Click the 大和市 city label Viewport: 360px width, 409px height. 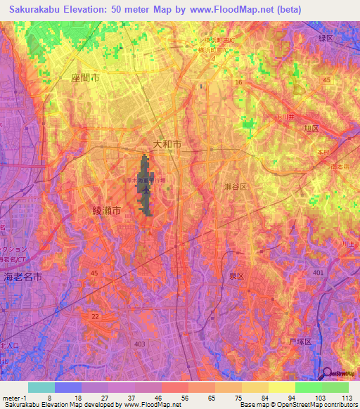point(167,143)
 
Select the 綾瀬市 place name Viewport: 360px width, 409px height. point(107,210)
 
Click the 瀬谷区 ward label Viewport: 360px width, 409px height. point(235,187)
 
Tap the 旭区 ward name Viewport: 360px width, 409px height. point(311,129)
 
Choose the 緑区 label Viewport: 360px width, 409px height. point(325,39)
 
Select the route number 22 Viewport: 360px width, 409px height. point(94,316)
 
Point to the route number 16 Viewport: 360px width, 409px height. point(238,82)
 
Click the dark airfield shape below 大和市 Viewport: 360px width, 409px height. point(146,184)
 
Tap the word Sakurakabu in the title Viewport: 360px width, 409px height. point(38,10)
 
